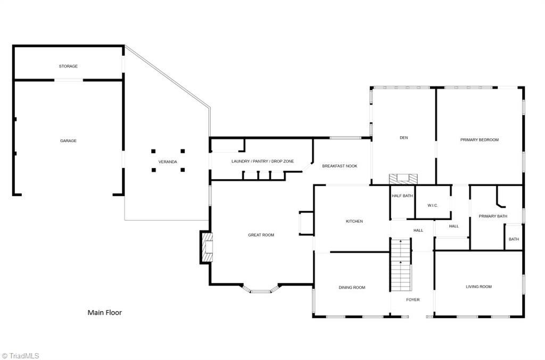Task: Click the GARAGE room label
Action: (x=68, y=141)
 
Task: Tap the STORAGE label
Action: (x=68, y=66)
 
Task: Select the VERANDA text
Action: (x=168, y=162)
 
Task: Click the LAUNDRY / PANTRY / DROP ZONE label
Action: (x=262, y=161)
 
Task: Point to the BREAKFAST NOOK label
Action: (x=340, y=166)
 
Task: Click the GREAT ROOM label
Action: (x=261, y=235)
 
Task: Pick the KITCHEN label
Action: (x=354, y=221)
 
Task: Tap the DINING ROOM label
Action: (x=352, y=288)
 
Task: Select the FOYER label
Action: (x=413, y=300)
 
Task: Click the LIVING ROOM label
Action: (x=478, y=287)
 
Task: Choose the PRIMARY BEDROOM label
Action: (x=479, y=140)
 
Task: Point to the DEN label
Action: (x=403, y=138)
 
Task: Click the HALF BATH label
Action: (x=402, y=196)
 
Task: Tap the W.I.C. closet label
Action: (x=432, y=205)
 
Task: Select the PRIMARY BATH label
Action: (x=493, y=216)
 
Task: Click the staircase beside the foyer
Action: (x=401, y=265)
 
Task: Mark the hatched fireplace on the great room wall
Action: (x=207, y=247)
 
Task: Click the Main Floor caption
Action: (x=104, y=313)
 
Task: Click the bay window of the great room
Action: (x=261, y=290)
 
